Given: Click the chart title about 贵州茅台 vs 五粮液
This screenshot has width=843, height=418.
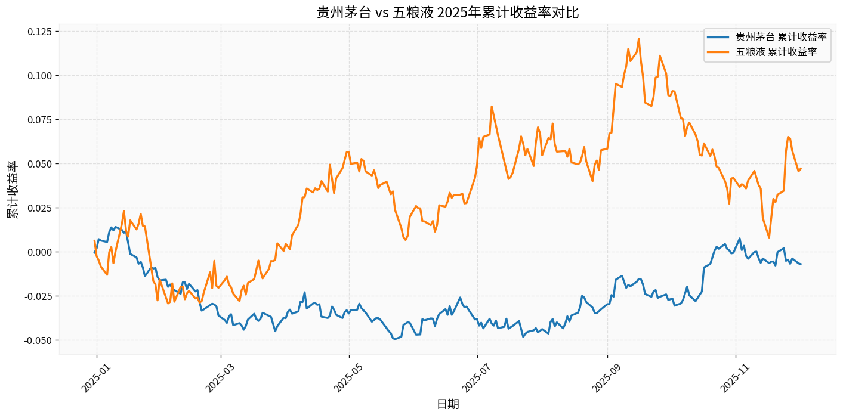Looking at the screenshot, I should [447, 12].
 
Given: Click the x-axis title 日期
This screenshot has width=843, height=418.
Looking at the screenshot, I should [448, 404].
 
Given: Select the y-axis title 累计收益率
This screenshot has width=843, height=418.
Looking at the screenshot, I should [13, 190].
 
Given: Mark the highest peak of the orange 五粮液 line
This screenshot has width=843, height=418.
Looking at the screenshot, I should [638, 39].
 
